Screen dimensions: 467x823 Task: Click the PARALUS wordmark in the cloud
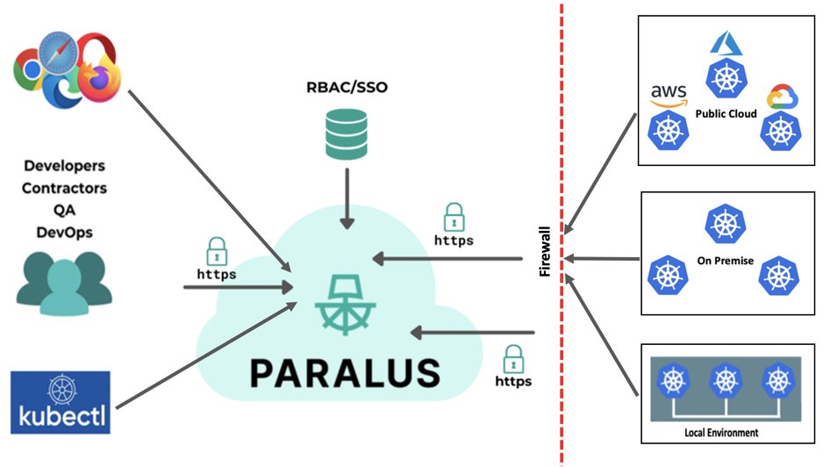pos(344,371)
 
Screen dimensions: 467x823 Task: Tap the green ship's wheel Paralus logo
pos(344,304)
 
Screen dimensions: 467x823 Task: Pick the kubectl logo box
pos(61,402)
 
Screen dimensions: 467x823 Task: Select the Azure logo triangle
pos(726,41)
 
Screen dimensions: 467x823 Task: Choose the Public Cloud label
pos(726,114)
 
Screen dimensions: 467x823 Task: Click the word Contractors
pos(64,187)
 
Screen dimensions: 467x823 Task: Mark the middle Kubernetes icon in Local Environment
pos(725,382)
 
